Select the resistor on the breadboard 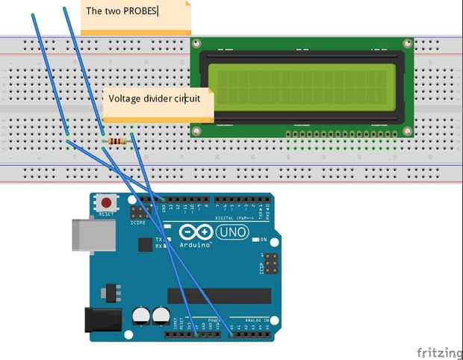point(117,141)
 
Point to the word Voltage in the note point(125,99)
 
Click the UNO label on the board point(232,232)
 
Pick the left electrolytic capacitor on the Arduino point(142,316)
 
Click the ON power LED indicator point(254,239)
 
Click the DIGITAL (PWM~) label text point(235,218)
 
